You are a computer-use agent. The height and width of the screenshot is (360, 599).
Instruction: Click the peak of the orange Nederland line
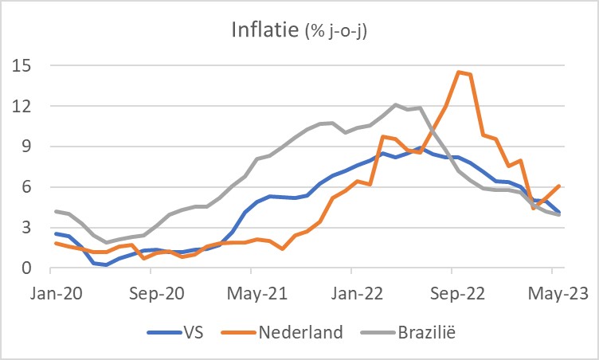coord(459,72)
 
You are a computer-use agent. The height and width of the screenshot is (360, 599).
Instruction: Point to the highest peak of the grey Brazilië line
coord(396,104)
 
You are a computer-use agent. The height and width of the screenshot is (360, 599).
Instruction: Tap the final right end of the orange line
coord(559,186)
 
